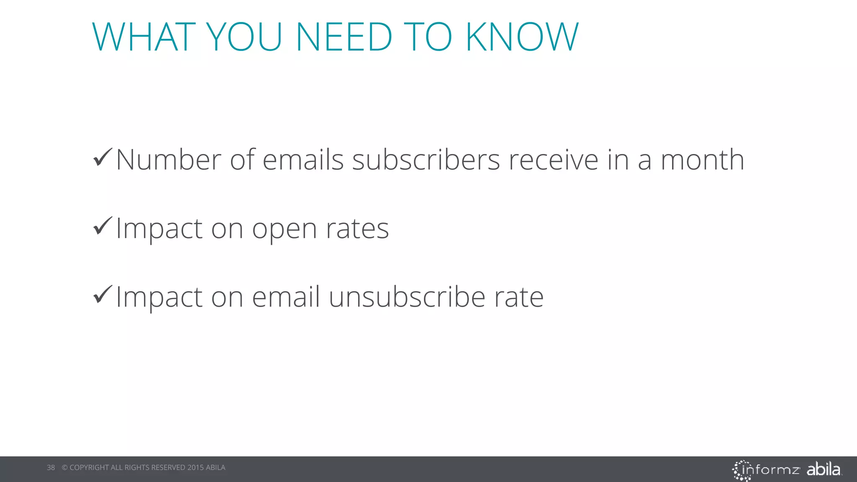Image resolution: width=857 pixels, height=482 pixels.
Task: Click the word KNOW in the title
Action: pyautogui.click(x=522, y=37)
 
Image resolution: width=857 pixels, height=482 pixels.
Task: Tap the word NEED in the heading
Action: pyautogui.click(x=344, y=37)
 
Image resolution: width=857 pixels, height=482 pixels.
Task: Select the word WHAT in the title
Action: pyautogui.click(x=144, y=37)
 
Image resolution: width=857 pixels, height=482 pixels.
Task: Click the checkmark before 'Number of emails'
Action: pyautogui.click(x=103, y=157)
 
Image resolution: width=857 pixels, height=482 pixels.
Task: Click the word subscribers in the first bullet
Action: pyautogui.click(x=426, y=160)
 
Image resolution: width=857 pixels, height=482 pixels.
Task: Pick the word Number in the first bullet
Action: pyautogui.click(x=169, y=160)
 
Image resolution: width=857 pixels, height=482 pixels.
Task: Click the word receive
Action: pyautogui.click(x=553, y=160)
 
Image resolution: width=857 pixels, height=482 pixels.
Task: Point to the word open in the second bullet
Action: pyautogui.click(x=285, y=229)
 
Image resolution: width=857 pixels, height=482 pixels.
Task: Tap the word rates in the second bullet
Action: pyautogui.click(x=357, y=228)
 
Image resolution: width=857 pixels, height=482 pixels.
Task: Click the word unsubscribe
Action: pyautogui.click(x=407, y=297)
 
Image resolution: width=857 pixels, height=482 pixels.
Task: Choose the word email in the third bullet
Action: pyautogui.click(x=286, y=297)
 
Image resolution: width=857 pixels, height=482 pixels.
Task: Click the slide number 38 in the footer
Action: pyautogui.click(x=51, y=467)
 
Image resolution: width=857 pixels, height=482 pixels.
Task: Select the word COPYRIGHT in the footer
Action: pyautogui.click(x=89, y=467)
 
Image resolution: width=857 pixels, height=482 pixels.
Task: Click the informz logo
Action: pyautogui.click(x=766, y=470)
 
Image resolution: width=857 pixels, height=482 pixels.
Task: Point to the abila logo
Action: pyautogui.click(x=824, y=469)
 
